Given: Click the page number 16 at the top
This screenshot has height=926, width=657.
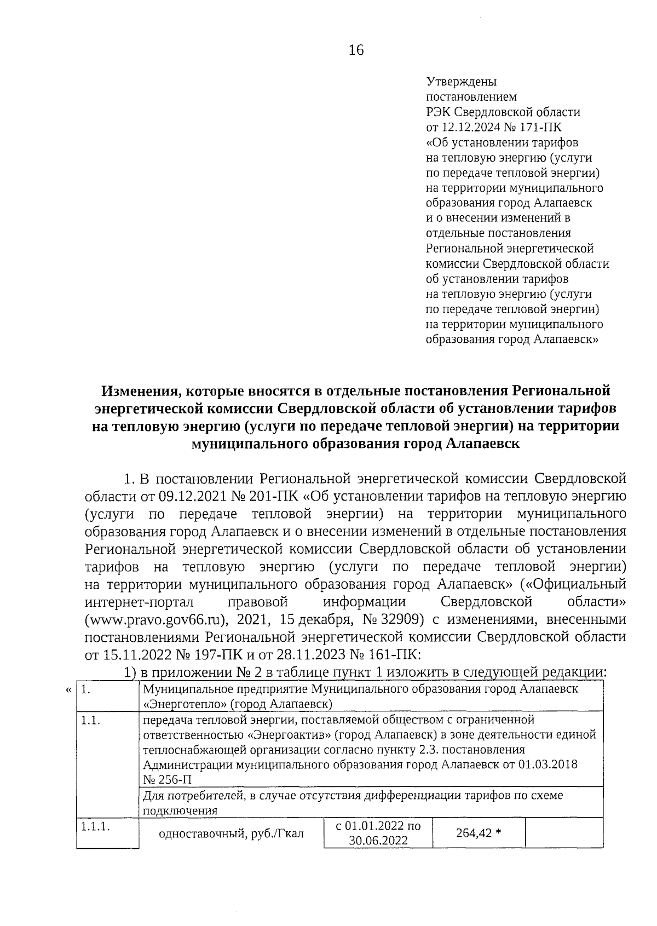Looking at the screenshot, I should (x=355, y=50).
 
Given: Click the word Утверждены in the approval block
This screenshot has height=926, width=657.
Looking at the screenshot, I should (x=461, y=82).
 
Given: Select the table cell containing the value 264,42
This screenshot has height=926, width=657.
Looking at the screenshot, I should (x=479, y=833).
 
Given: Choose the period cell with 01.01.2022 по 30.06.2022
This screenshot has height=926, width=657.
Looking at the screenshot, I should (x=378, y=833).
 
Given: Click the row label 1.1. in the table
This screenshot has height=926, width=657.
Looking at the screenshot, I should (x=90, y=721).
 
